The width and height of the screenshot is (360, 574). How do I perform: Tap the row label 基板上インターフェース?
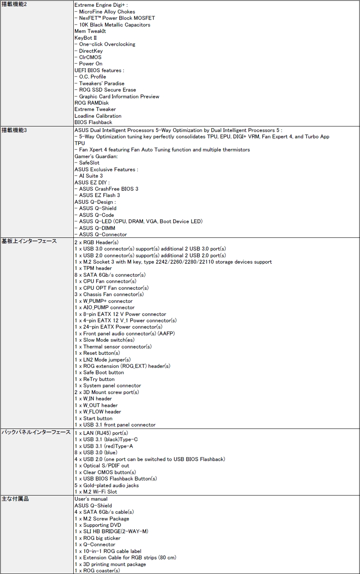click(29, 241)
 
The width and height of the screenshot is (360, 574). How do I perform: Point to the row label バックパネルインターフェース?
click(36, 432)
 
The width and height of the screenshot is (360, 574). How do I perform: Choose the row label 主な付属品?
click(15, 499)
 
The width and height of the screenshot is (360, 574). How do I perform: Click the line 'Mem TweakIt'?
click(90, 31)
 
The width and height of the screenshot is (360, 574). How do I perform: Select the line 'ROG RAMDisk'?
click(92, 103)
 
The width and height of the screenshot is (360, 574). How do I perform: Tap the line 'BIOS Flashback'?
click(93, 122)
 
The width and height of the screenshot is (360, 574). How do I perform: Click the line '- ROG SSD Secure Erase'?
click(105, 90)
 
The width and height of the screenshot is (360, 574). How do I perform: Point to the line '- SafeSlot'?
click(87, 163)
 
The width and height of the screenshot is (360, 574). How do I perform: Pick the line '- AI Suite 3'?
click(88, 176)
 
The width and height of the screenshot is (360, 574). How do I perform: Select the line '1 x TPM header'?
click(93, 268)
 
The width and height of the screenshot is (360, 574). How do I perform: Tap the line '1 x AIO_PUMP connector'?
click(104, 308)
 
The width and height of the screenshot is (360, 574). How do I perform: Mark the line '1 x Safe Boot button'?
click(99, 373)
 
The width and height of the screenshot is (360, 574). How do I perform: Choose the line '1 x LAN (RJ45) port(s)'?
click(101, 433)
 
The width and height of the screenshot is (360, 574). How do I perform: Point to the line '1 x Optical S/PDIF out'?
click(101, 466)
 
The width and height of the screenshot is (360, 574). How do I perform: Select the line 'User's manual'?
click(91, 499)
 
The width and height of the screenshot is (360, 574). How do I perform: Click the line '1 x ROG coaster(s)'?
click(97, 571)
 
